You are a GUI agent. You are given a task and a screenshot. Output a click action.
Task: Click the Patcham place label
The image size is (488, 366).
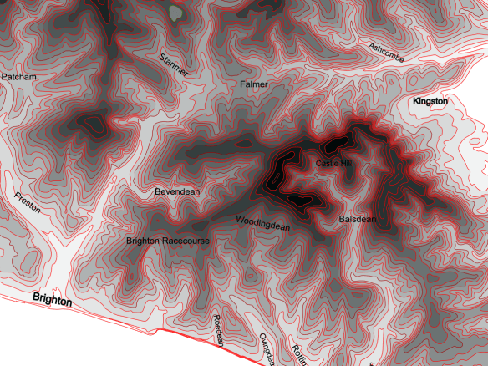point(19,76)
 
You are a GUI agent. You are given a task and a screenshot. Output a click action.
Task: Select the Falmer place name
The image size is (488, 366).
point(253,85)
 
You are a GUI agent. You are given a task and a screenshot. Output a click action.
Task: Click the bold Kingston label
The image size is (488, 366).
point(430,101)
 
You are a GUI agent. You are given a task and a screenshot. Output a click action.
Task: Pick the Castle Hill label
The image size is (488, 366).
point(334,164)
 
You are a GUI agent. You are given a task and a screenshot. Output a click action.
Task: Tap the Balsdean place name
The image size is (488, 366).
point(358,219)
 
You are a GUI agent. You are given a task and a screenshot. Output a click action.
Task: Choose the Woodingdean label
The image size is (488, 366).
point(262,223)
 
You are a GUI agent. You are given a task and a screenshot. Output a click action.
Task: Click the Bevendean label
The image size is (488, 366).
point(177,192)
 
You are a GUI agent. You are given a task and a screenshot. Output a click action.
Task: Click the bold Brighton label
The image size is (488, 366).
point(53,299)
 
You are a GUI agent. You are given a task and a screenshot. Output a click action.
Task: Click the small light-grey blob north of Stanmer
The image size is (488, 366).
point(175,13)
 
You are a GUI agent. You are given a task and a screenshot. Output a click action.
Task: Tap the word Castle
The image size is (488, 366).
point(327,164)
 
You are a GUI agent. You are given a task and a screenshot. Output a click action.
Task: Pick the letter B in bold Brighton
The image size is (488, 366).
point(36,297)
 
